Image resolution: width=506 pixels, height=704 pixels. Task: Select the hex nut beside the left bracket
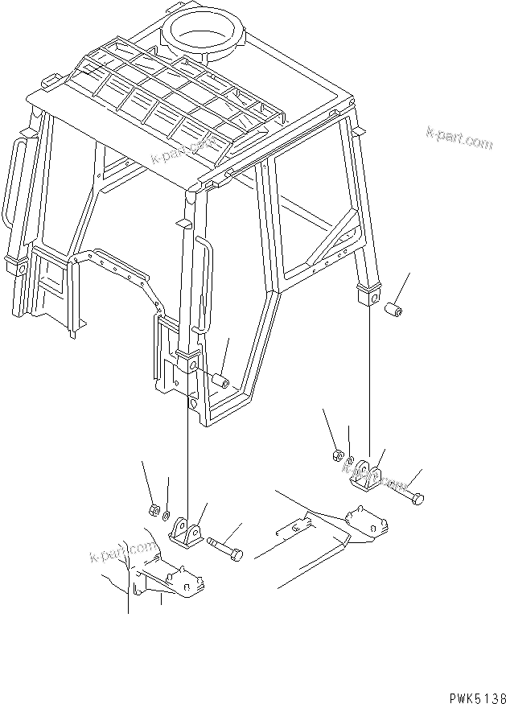153,509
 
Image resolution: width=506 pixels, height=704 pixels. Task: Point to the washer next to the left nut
166,515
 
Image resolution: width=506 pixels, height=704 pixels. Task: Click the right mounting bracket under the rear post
368,475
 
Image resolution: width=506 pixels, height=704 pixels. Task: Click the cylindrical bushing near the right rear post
394,309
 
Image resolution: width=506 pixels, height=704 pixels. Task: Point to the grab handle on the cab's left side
12,181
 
